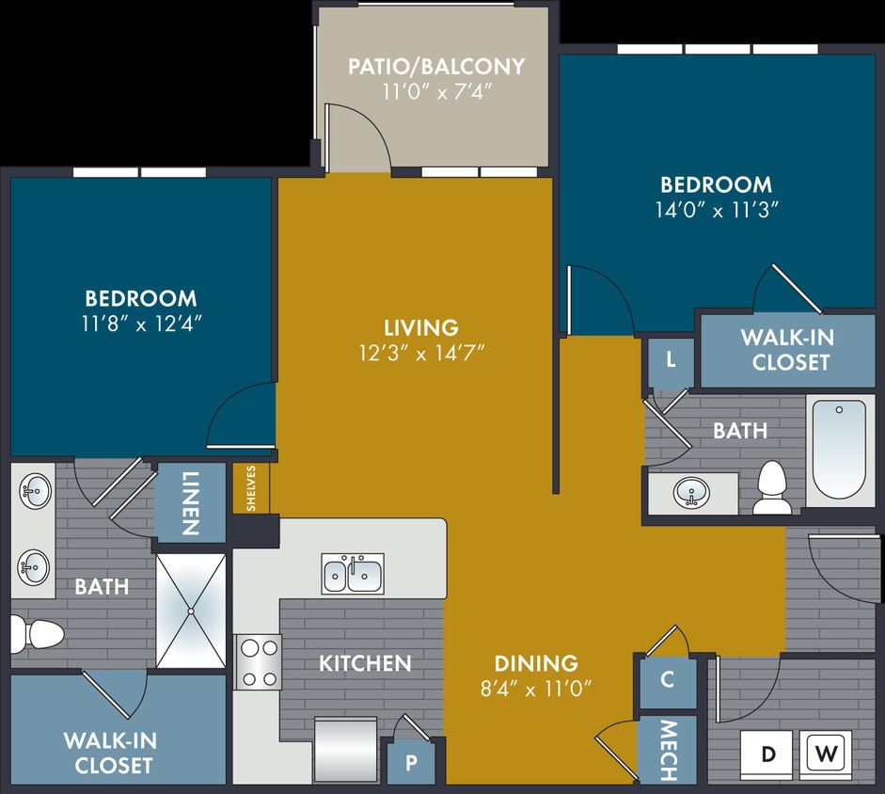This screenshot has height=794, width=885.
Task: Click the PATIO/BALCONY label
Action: pyautogui.click(x=436, y=67)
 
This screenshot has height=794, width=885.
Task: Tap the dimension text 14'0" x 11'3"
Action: pyautogui.click(x=715, y=211)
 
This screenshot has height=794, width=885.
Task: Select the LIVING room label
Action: pyautogui.click(x=421, y=327)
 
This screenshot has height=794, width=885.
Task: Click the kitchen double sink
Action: pyautogui.click(x=353, y=573)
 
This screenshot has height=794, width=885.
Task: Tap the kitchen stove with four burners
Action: pyautogui.click(x=258, y=661)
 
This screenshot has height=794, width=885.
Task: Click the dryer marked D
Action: pyautogui.click(x=768, y=754)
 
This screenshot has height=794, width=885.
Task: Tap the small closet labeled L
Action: pyautogui.click(x=671, y=360)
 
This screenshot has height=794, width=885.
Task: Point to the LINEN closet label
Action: pyautogui.click(x=191, y=502)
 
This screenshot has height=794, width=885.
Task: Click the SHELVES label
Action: pyautogui.click(x=251, y=488)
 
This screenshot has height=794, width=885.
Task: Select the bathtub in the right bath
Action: pyautogui.click(x=839, y=450)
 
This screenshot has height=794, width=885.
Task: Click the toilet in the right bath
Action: pyautogui.click(x=773, y=486)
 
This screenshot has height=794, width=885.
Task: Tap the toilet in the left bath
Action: pyautogui.click(x=36, y=634)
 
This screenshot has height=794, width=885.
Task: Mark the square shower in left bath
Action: pyautogui.click(x=191, y=611)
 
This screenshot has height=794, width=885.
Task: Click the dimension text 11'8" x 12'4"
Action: pyautogui.click(x=141, y=323)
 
